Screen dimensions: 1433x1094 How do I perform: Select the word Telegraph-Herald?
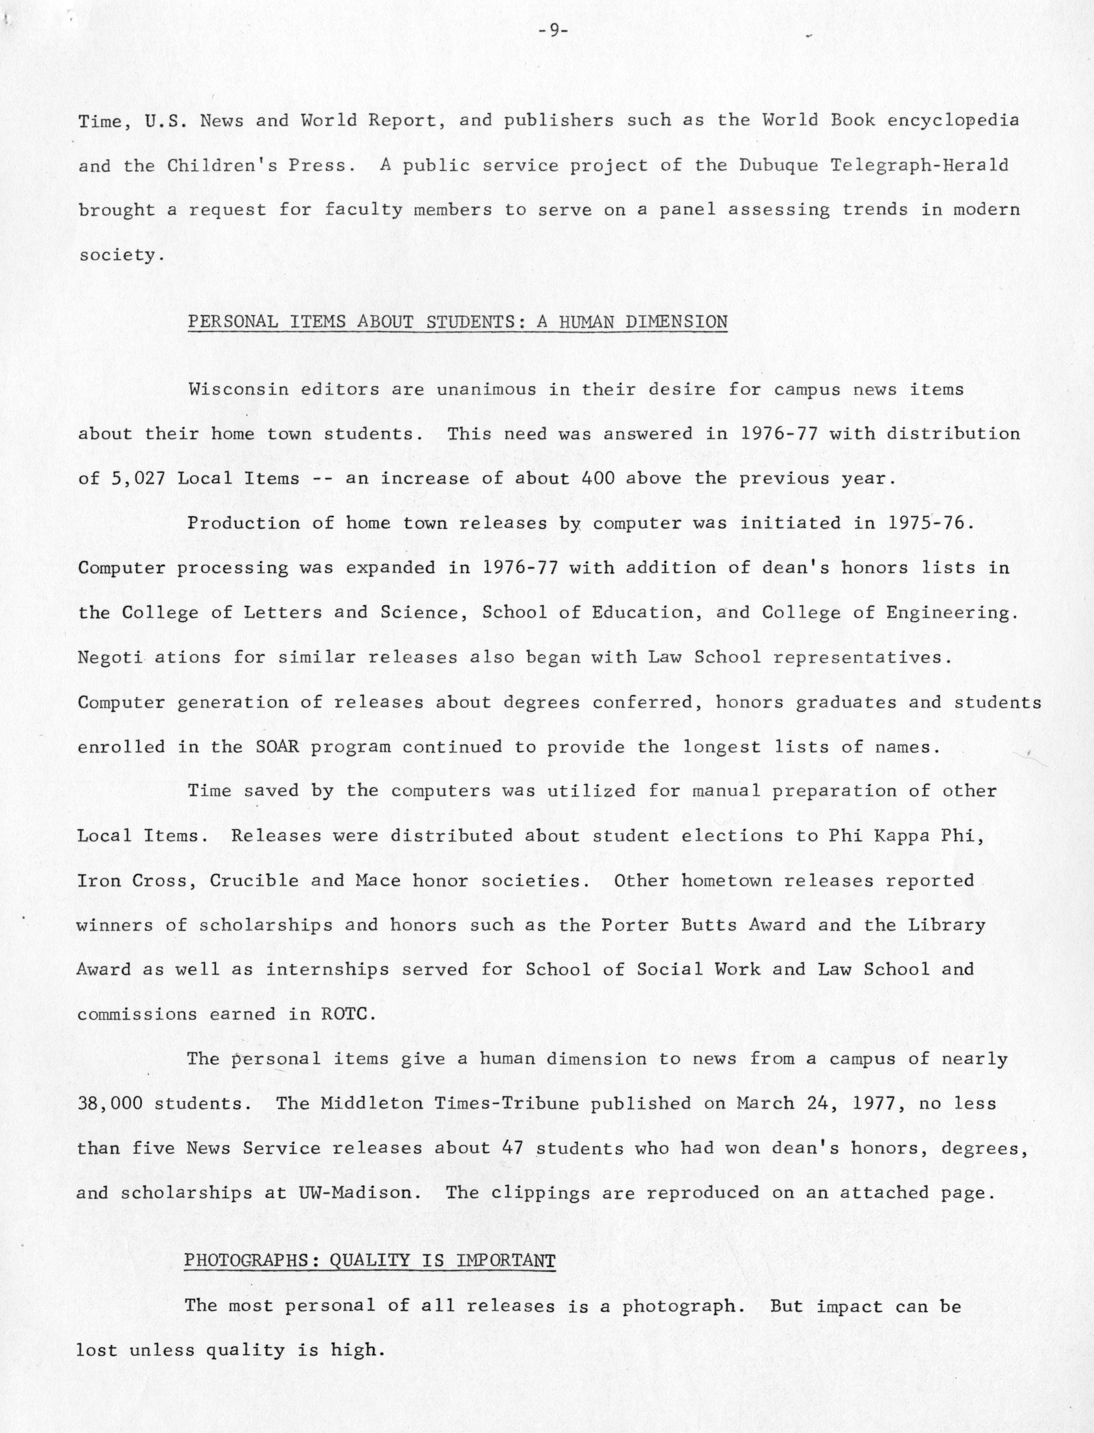coord(920,166)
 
